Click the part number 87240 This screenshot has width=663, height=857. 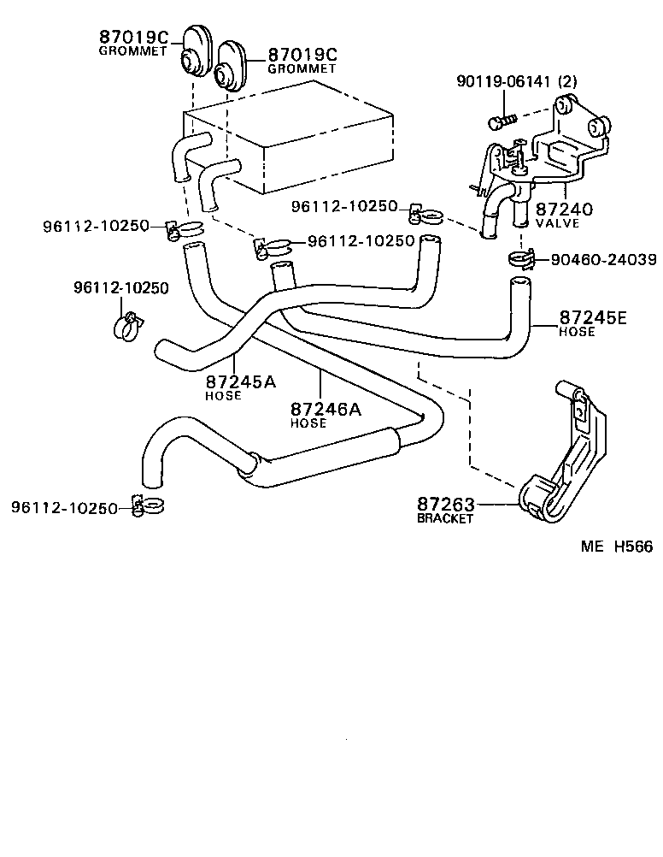point(565,210)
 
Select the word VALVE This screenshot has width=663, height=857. point(557,223)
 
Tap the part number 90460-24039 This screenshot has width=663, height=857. point(597,259)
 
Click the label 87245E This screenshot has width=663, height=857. point(593,318)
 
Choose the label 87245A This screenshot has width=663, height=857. point(240,381)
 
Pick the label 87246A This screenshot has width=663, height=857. point(326,410)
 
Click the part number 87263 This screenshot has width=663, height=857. point(445,505)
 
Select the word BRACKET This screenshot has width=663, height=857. point(444,518)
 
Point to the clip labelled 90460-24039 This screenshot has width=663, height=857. point(520,254)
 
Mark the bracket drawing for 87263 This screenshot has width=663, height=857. point(568,462)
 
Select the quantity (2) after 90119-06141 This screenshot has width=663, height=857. point(567,82)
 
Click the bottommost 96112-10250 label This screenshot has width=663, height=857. point(64,508)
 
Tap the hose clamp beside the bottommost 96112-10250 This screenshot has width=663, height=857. point(148,505)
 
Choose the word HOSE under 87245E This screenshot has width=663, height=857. point(577,332)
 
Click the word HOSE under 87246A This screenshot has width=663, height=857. point(308,423)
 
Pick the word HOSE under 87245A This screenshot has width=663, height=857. point(223,395)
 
